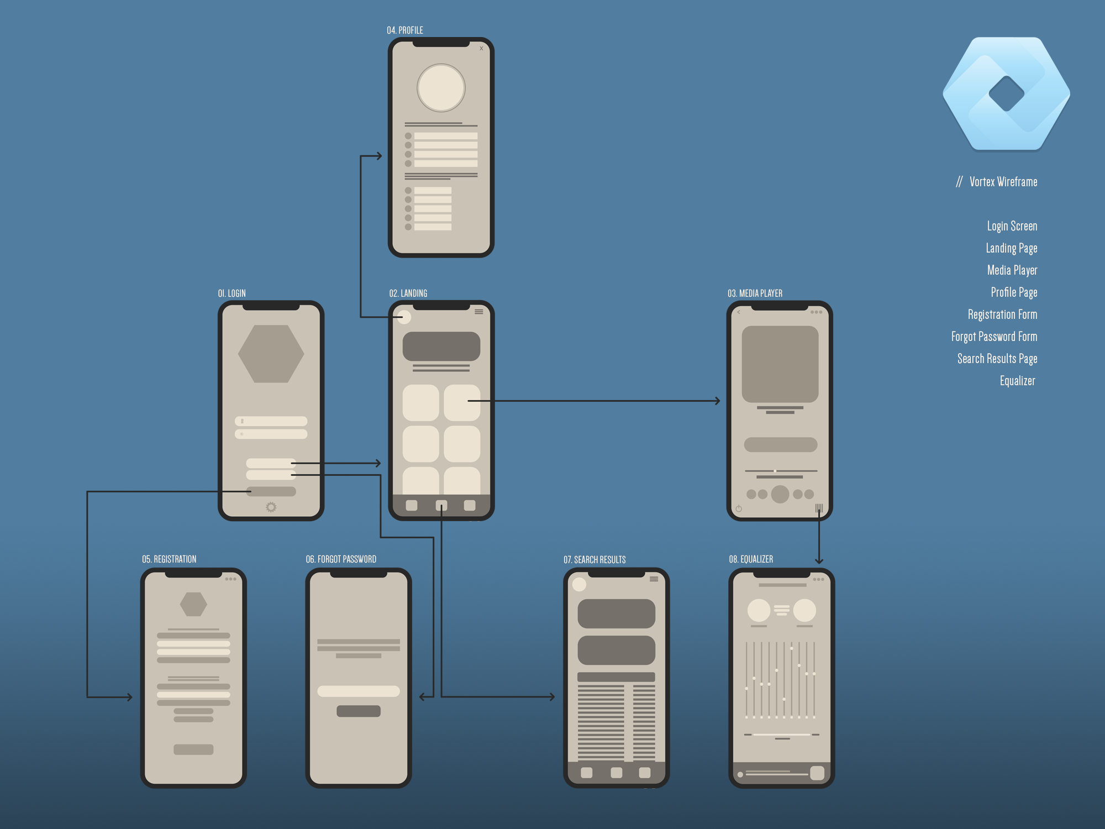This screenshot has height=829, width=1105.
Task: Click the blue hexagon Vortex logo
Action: (x=1006, y=93)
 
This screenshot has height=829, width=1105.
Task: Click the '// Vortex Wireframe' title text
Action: (x=997, y=182)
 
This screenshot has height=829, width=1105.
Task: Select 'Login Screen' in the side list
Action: (x=1012, y=226)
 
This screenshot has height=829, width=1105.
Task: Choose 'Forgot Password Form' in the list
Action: (x=994, y=337)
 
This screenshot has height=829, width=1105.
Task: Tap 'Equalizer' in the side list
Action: (x=1017, y=381)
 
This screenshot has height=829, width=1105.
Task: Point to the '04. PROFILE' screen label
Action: (x=404, y=30)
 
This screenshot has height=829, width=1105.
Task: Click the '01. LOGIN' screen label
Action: (x=231, y=293)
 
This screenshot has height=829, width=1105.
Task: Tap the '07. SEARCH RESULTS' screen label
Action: (x=594, y=560)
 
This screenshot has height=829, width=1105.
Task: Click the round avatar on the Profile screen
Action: (x=441, y=88)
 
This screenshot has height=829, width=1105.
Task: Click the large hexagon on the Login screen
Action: (x=271, y=354)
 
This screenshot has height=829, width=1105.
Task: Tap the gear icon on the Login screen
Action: (x=271, y=507)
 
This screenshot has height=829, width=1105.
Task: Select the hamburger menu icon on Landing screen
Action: (x=478, y=312)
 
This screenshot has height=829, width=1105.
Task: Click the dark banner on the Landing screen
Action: (x=441, y=346)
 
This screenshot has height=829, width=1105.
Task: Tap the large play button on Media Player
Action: (x=780, y=494)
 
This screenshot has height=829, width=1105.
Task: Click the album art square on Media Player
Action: (x=780, y=364)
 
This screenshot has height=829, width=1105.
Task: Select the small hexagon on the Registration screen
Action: (x=193, y=604)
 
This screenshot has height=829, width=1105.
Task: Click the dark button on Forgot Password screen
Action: (x=358, y=711)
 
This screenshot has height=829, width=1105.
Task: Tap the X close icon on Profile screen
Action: (x=481, y=49)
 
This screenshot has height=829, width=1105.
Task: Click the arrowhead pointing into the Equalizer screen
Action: (x=819, y=561)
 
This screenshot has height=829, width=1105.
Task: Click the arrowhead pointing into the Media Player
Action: (x=717, y=401)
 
